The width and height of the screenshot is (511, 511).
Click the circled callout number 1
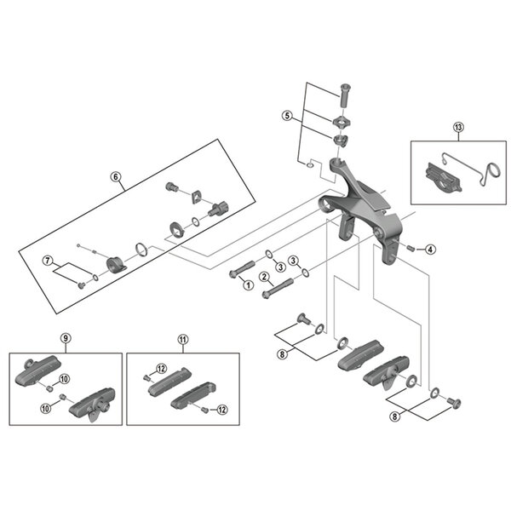(248, 284)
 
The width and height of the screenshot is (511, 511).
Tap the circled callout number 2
(265, 276)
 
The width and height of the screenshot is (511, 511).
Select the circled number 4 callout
(430, 249)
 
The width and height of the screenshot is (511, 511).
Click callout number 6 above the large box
(118, 177)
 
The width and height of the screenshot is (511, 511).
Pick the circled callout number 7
(49, 260)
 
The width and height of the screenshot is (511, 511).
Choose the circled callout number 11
(181, 338)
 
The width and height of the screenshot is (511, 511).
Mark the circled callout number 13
(458, 129)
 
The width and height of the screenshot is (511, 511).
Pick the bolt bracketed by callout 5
(345, 93)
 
